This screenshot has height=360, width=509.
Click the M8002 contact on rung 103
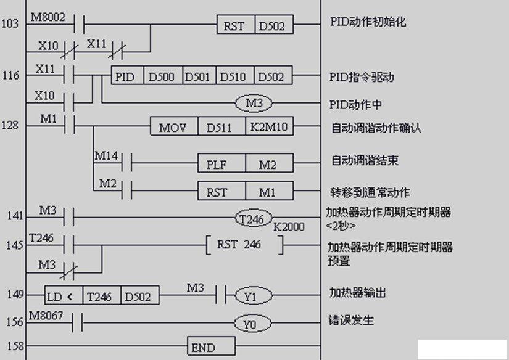(x=79, y=24)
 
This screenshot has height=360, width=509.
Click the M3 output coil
(x=254, y=103)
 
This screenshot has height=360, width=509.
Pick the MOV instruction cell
(x=174, y=126)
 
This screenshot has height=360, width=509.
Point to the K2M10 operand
(x=269, y=126)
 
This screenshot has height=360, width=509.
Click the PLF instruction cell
(x=221, y=163)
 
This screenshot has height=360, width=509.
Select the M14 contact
(x=126, y=163)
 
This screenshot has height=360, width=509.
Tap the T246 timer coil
(x=254, y=218)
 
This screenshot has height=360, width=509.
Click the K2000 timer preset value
(x=289, y=227)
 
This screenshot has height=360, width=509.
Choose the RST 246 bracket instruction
(x=245, y=245)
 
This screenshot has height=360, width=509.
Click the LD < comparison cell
(x=64, y=295)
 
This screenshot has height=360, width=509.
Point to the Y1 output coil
(x=253, y=295)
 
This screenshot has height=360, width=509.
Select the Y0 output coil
(x=252, y=323)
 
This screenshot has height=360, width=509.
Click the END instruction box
(x=212, y=346)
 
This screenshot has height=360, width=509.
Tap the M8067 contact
(x=77, y=322)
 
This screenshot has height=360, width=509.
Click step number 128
(x=10, y=125)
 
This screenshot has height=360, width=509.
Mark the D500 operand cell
(x=163, y=75)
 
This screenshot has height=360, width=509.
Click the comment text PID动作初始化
(x=368, y=22)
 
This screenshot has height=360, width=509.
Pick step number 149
(x=15, y=294)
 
